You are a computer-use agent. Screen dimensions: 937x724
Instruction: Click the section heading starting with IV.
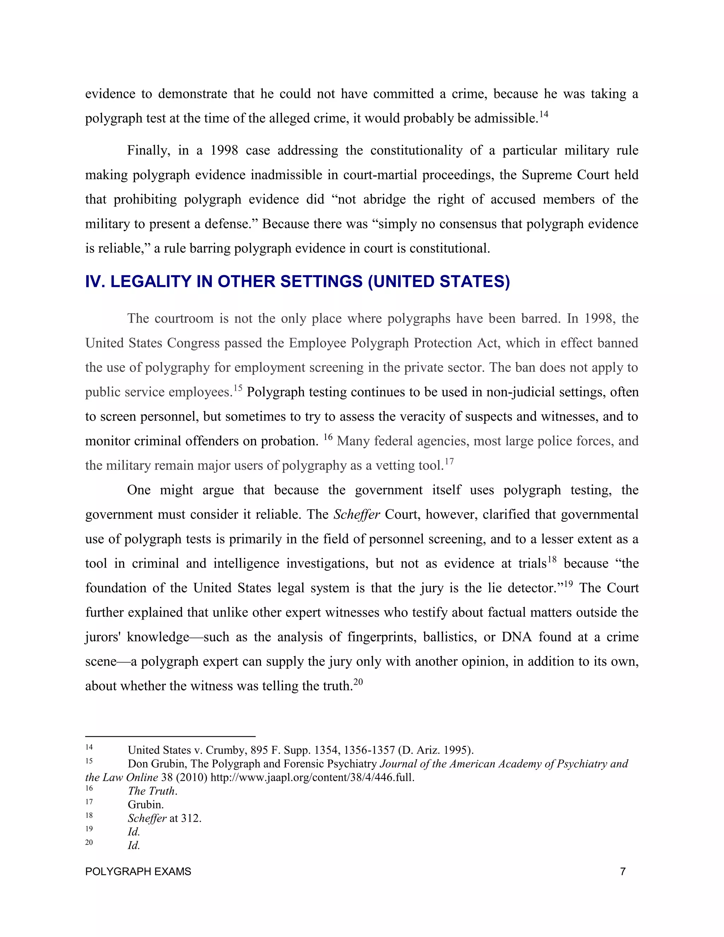pyautogui.click(x=297, y=282)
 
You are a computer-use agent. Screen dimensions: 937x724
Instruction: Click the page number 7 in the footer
pyautogui.click(x=623, y=871)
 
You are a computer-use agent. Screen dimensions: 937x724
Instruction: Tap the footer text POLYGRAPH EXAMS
pyautogui.click(x=138, y=871)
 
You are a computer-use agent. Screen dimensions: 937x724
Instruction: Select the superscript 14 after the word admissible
pyautogui.click(x=543, y=114)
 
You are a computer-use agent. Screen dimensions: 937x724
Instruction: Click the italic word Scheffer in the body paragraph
pyautogui.click(x=356, y=514)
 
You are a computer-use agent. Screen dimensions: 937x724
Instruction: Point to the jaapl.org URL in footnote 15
pyautogui.click(x=312, y=778)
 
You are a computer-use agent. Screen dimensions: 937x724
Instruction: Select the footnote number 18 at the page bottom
pyautogui.click(x=89, y=815)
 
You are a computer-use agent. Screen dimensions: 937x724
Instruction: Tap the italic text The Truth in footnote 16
pyautogui.click(x=152, y=791)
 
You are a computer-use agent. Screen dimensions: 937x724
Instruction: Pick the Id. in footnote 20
pyautogui.click(x=134, y=845)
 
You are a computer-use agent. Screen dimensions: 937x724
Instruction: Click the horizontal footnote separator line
pyautogui.click(x=170, y=736)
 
